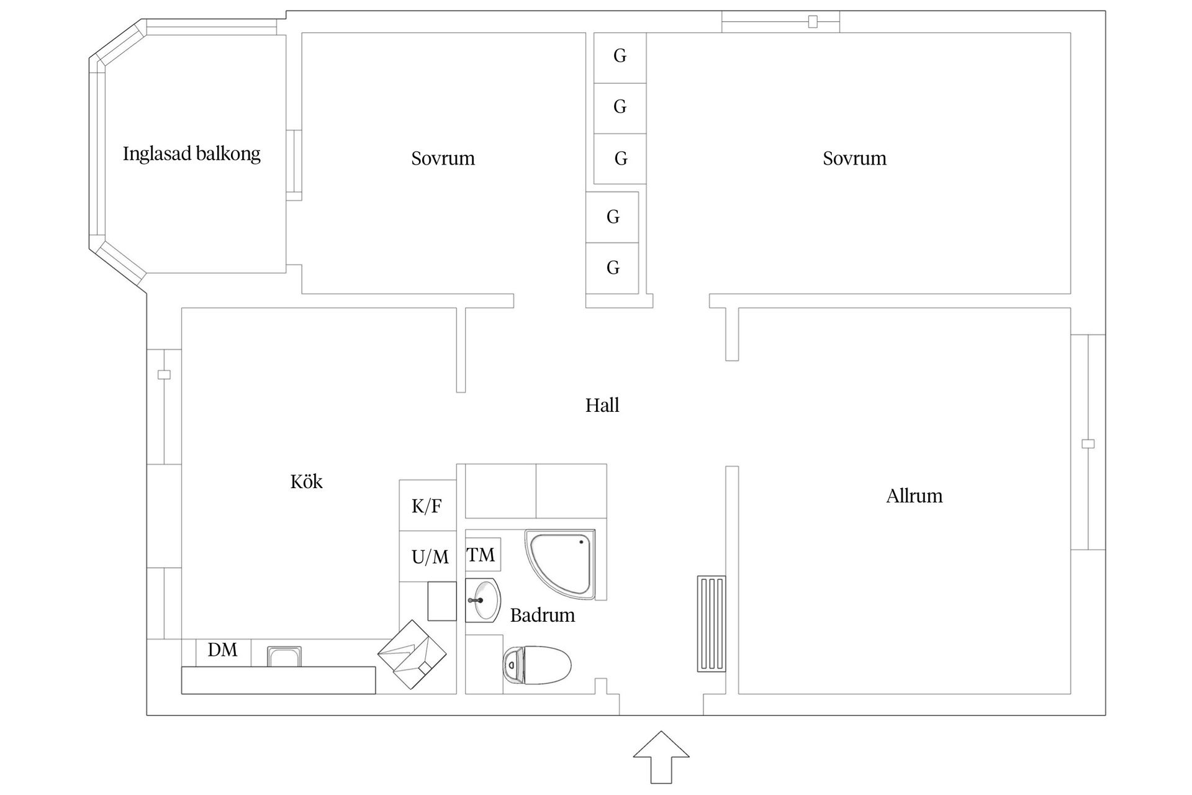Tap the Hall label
coord(602,406)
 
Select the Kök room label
coord(306,482)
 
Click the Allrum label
coord(914,496)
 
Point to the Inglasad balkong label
coord(191,154)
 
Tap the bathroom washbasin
coord(484,601)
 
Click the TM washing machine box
coord(482,555)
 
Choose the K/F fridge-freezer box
coord(427,506)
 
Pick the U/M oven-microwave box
coord(430,557)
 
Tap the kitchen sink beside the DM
coord(284,656)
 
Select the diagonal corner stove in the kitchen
coord(412,654)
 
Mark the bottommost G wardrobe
coord(613,268)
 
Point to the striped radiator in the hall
coord(711,624)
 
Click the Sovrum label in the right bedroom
coord(854,159)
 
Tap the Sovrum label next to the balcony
coord(443,159)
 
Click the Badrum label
coord(543,616)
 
